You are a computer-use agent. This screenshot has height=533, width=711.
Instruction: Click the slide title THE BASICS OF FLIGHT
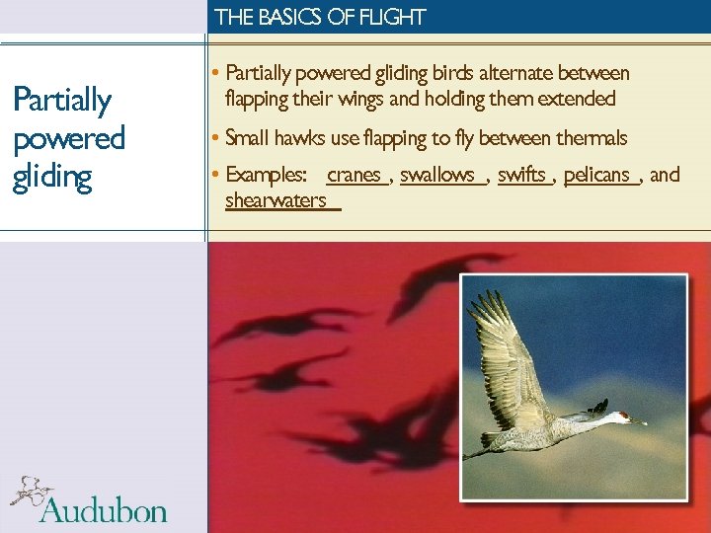(320, 17)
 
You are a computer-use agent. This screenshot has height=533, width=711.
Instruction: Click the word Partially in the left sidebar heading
(61, 100)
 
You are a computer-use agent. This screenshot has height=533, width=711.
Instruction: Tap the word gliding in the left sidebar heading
(51, 177)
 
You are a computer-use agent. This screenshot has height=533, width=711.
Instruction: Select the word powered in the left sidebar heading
(67, 138)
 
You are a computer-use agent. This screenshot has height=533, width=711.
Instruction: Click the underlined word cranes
(354, 175)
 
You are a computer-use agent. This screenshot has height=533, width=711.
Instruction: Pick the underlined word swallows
(437, 175)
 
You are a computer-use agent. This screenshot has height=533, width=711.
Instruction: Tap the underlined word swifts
(521, 175)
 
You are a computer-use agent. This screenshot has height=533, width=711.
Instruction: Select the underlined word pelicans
(596, 175)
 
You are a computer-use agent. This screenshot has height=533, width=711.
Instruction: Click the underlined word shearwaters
(276, 200)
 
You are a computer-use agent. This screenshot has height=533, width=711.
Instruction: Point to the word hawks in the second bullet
(303, 137)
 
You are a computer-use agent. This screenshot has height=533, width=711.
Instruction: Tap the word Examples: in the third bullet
(267, 175)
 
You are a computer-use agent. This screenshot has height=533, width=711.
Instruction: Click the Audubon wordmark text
(104, 510)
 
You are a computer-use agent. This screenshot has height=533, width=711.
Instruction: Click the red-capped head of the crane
(621, 417)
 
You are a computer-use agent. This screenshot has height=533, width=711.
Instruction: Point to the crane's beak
(639, 422)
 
